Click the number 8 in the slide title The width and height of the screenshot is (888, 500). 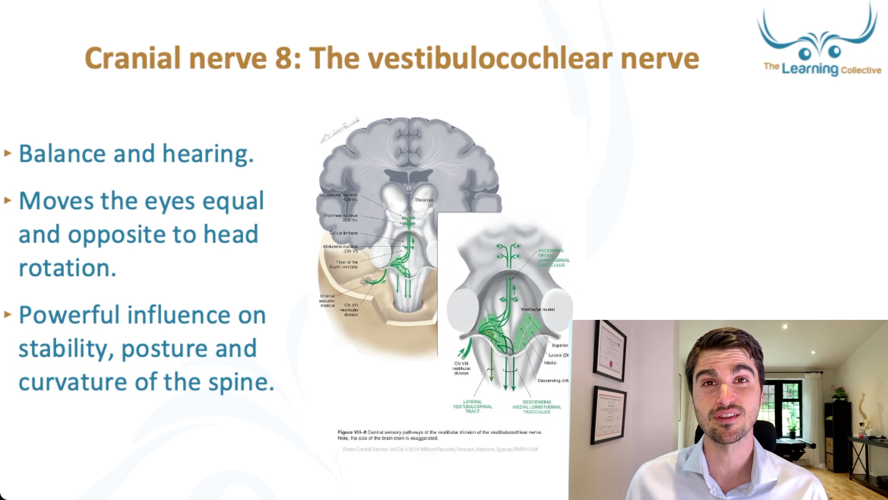pos(284,59)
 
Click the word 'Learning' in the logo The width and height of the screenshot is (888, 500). pos(810,69)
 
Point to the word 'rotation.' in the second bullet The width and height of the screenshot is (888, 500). pos(68,268)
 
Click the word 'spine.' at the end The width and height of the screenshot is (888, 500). pos(241,382)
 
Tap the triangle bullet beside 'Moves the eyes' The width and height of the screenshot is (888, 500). pos(7,201)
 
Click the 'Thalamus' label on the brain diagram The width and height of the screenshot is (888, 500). pos(424,200)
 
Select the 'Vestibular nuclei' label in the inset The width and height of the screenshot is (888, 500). pos(537,309)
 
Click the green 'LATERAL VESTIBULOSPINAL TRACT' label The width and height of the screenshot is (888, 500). pos(472,407)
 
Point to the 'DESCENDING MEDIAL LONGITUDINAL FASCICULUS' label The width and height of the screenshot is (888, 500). pos(537,407)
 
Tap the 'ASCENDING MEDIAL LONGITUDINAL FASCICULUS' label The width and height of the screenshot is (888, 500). pos(553,258)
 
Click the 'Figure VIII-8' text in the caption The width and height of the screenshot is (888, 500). pos(352,432)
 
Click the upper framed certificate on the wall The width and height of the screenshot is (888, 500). pos(610,351)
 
